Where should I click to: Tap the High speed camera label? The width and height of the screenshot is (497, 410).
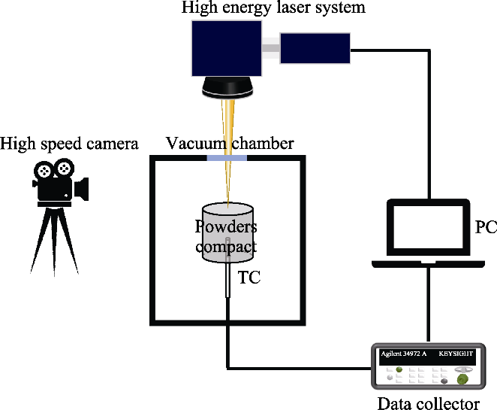pyautogui.click(x=69, y=143)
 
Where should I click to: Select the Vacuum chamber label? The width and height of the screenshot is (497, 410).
pyautogui.click(x=229, y=143)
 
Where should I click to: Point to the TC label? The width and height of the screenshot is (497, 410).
pyautogui.click(x=249, y=277)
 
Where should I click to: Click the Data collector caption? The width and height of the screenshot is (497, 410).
pyautogui.click(x=427, y=403)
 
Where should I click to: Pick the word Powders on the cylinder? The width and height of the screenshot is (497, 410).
pyautogui.click(x=226, y=227)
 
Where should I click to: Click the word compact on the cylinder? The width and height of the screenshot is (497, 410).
pyautogui.click(x=226, y=246)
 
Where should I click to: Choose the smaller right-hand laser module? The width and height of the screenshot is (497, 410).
pyautogui.click(x=315, y=49)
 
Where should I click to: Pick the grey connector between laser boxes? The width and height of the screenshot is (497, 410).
pyautogui.click(x=270, y=50)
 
